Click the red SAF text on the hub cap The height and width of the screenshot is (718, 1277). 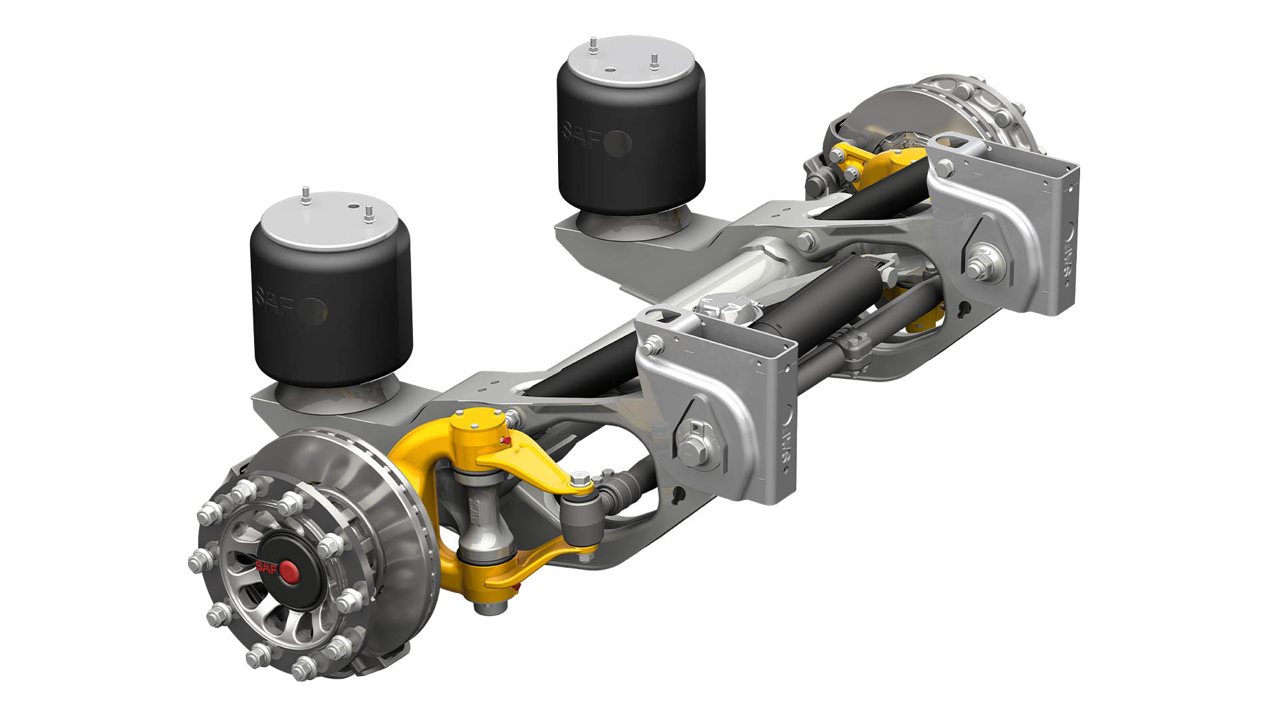pos(267,566)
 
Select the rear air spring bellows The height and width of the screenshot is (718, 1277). pos(631,140)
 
